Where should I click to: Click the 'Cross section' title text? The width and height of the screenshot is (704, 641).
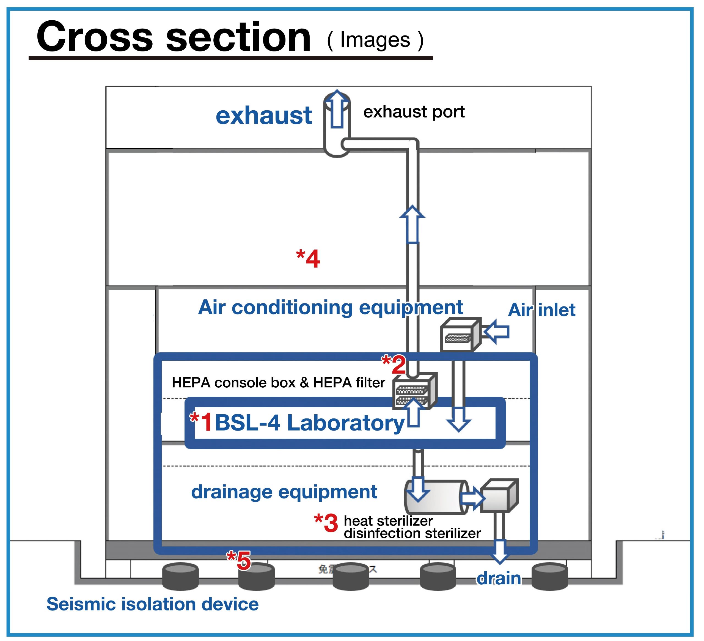(x=174, y=37)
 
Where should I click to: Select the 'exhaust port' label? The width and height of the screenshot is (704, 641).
(x=414, y=112)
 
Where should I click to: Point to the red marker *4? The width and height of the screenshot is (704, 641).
(x=308, y=259)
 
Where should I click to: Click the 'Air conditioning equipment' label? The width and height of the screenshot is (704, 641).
(x=330, y=307)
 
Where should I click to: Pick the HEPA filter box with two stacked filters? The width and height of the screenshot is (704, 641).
(x=414, y=391)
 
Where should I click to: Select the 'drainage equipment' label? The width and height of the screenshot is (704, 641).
(x=284, y=492)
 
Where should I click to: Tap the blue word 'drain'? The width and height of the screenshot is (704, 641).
(x=499, y=579)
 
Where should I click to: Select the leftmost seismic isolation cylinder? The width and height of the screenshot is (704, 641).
(x=181, y=576)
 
